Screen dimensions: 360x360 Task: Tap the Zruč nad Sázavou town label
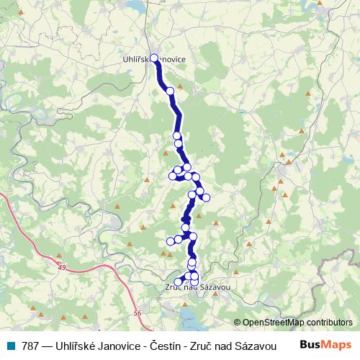[x=193, y=287]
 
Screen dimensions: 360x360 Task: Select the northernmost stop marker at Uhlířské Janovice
[x=153, y=58]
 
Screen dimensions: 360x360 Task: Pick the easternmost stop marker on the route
[x=207, y=197]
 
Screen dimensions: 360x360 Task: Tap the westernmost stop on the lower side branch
[x=170, y=241]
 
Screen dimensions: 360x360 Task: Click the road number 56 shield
[x=138, y=312]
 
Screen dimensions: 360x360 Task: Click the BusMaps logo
[x=325, y=345]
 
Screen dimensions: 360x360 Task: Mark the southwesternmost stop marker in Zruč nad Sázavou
[x=179, y=282]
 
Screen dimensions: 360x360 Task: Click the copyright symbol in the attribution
[x=238, y=322]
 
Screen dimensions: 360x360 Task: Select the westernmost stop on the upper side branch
[x=173, y=176]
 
